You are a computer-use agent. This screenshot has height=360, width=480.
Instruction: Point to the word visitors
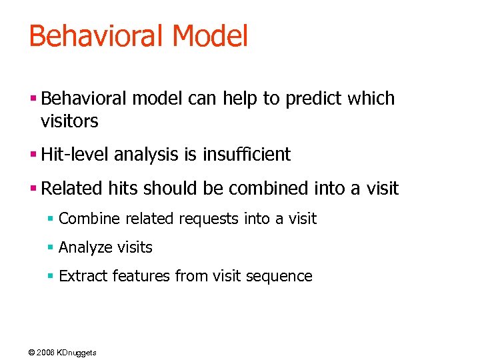(x=69, y=121)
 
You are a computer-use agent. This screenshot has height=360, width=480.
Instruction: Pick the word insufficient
(x=249, y=155)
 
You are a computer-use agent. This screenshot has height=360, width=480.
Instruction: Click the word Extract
(x=83, y=276)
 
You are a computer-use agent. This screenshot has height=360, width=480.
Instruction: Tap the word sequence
(x=281, y=276)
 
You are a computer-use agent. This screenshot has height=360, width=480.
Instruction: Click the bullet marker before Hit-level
(x=33, y=155)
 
